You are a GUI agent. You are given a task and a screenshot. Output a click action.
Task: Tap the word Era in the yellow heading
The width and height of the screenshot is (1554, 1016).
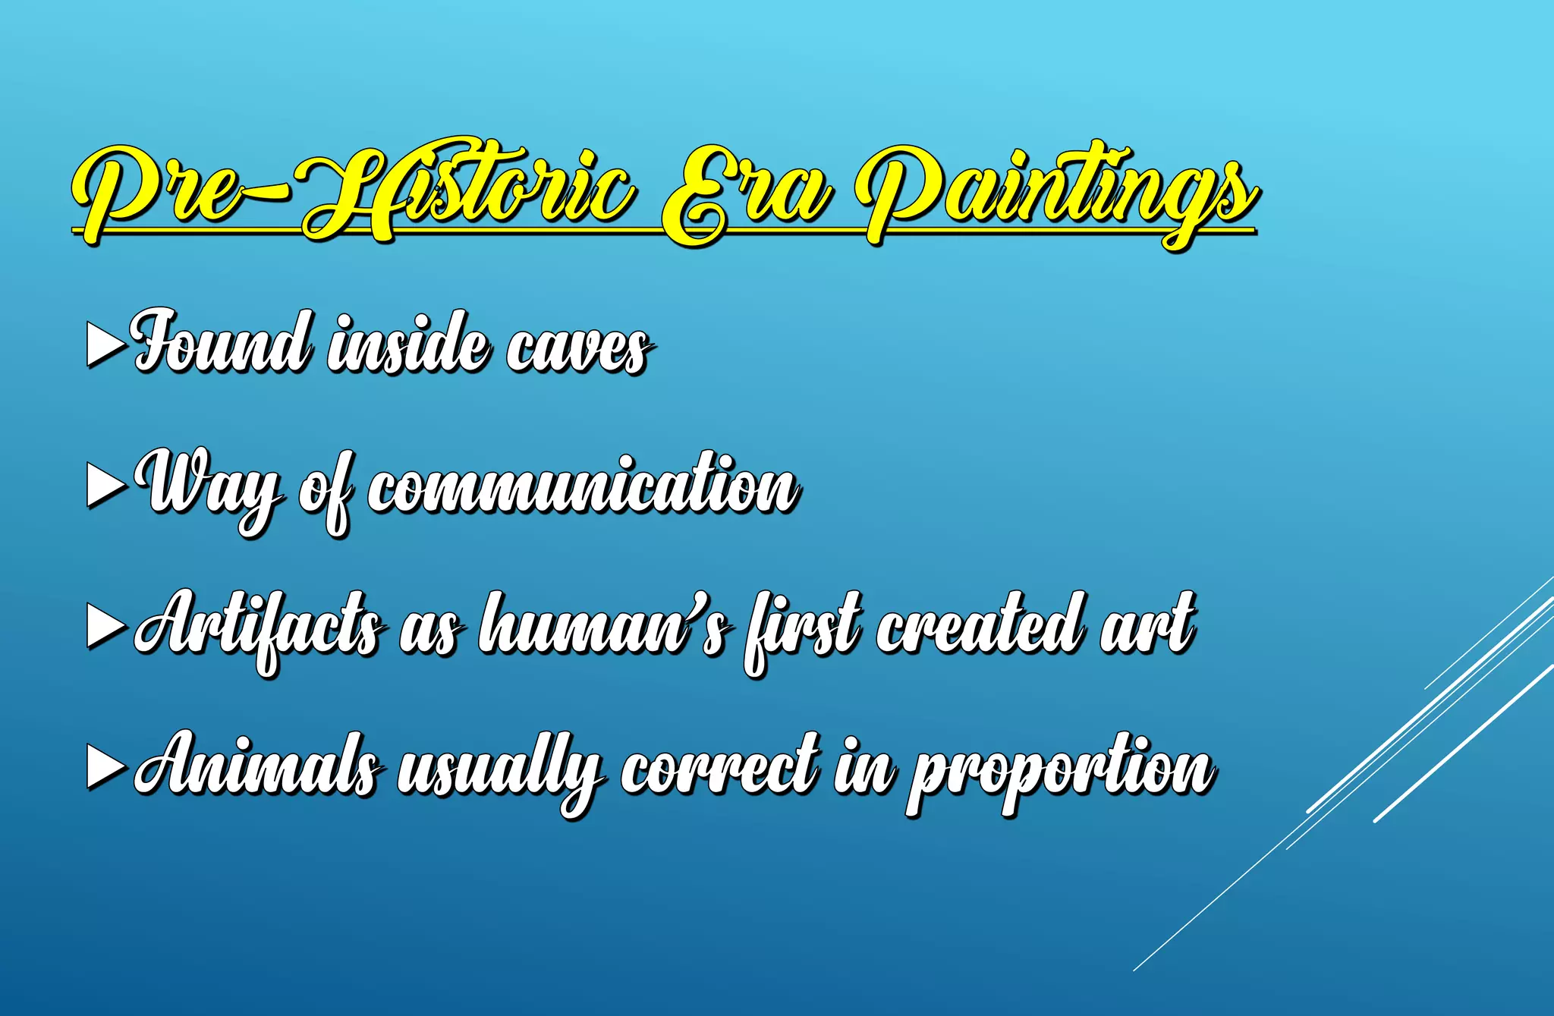[744, 193]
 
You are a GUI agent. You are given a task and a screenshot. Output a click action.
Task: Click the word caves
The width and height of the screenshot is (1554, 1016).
[577, 349]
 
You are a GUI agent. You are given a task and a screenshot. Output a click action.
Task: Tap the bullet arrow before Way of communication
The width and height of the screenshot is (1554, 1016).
[105, 486]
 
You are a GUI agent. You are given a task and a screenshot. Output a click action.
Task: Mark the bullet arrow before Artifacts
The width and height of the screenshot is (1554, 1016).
[105, 628]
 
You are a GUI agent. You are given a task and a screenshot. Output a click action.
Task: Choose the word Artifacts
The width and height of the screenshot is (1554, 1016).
[258, 628]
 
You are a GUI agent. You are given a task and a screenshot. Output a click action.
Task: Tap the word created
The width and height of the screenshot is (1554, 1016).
[979, 626]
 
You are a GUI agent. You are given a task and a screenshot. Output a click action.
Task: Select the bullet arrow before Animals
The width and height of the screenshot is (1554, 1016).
[105, 768]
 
